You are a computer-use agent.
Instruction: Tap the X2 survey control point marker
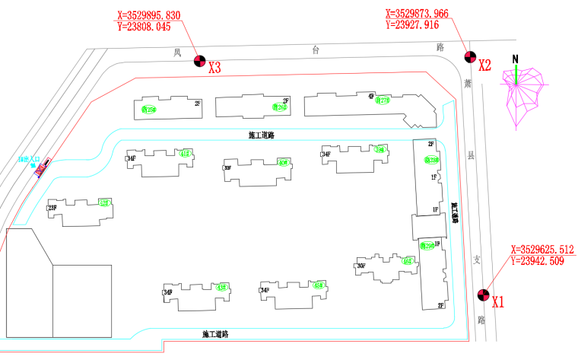469,56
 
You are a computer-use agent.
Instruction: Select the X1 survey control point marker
482,295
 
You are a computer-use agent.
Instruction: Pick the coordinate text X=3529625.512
542,250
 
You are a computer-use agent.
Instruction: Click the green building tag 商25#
149,110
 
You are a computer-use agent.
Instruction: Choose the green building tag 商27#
383,100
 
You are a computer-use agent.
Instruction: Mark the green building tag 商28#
432,160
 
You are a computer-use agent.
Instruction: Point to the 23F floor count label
52,208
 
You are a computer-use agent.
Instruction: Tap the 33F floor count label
227,167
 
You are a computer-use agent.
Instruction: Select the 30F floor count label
361,266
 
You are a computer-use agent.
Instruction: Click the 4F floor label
371,97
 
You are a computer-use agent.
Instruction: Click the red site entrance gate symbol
42,167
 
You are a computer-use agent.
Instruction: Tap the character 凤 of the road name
176,53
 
